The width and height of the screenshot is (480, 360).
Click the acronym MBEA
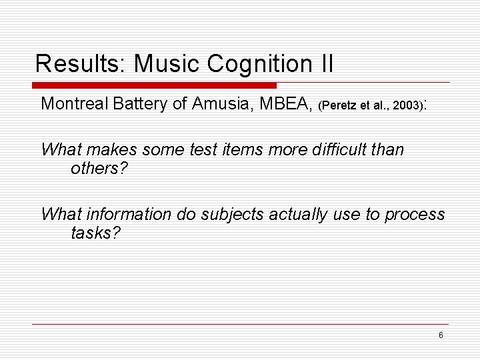coord(289,104)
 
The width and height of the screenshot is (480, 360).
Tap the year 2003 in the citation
coord(406,105)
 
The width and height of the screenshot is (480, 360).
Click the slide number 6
coord(441,335)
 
